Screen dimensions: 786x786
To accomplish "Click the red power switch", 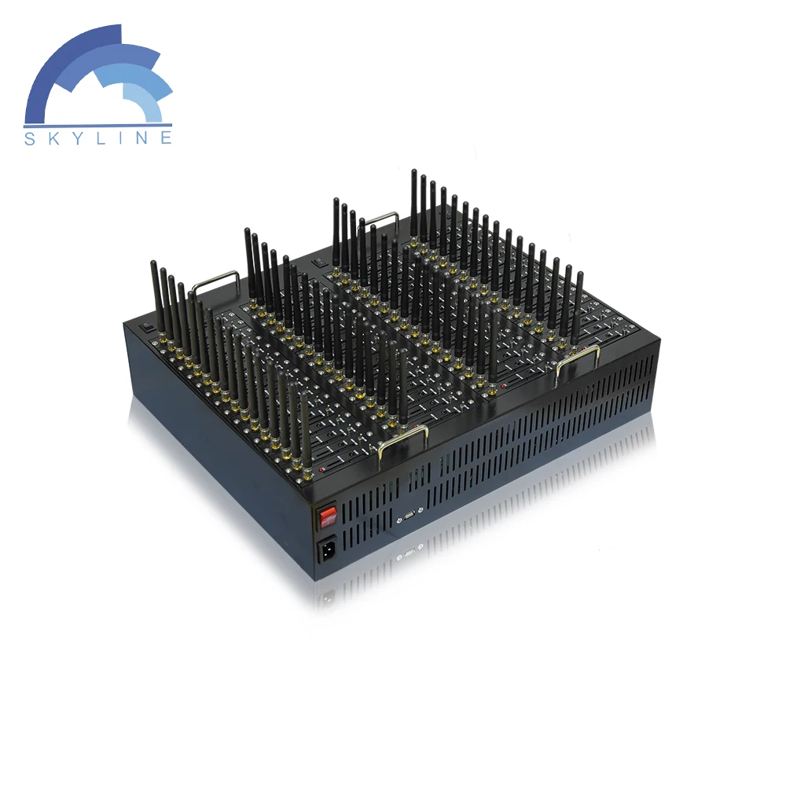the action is (x=328, y=516).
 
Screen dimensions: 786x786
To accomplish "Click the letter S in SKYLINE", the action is (x=30, y=138).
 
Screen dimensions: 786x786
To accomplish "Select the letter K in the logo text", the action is (x=53, y=138).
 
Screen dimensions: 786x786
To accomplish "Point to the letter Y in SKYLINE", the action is (x=77, y=138).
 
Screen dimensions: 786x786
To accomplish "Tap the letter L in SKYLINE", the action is (x=101, y=138).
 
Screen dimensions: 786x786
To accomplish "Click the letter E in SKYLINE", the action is (x=167, y=138).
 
